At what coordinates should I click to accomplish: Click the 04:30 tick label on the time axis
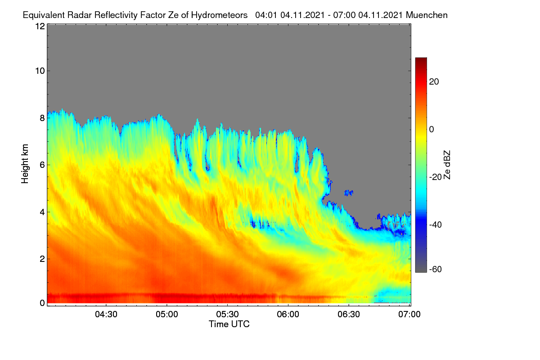[106, 315]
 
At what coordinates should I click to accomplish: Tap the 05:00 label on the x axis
[167, 315]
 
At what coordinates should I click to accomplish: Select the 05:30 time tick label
[227, 315]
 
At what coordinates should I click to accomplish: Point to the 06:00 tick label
[288, 315]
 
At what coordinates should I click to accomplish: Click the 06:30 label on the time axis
[349, 315]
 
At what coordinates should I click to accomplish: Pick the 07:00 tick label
[409, 315]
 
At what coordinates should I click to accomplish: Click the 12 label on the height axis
[40, 26]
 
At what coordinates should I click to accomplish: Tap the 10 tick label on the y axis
[40, 71]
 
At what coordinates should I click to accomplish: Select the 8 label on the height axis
[42, 118]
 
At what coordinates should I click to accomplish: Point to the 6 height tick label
[42, 165]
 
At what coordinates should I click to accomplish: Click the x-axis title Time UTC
[229, 324]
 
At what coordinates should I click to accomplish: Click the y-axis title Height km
[25, 164]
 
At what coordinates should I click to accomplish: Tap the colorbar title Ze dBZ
[447, 165]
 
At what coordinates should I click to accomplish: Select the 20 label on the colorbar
[434, 82]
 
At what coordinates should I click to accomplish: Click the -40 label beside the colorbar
[436, 225]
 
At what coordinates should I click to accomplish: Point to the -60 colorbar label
[436, 270]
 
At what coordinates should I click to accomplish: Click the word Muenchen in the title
[427, 15]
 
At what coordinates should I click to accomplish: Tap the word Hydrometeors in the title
[219, 15]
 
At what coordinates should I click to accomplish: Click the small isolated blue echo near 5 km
[349, 193]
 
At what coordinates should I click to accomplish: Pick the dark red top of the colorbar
[421, 60]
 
